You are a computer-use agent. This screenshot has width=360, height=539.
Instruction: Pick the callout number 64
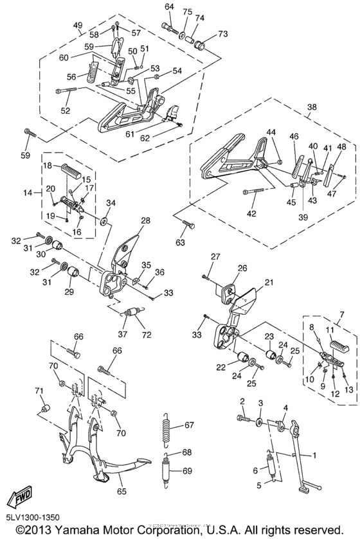pos(169,6)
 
